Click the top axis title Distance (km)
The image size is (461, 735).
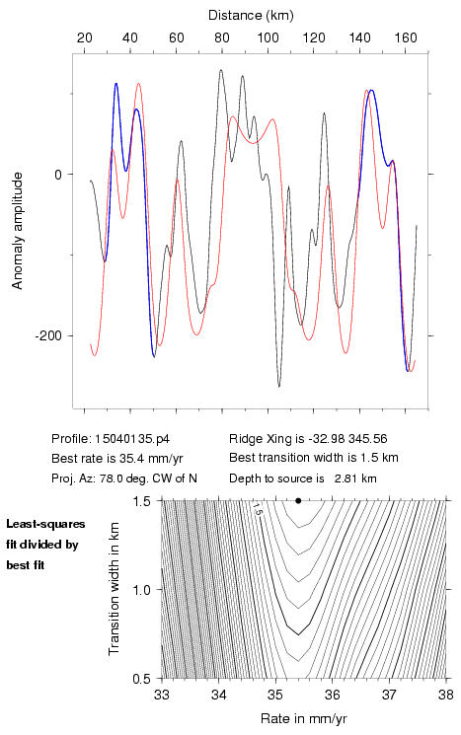(x=251, y=16)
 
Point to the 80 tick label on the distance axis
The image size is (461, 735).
(x=222, y=37)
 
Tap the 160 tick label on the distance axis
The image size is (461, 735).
(x=406, y=37)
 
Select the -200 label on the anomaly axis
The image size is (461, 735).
(x=47, y=336)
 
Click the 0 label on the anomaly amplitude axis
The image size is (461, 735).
(x=57, y=175)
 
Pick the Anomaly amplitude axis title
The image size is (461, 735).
(x=18, y=231)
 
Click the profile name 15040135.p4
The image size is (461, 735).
(x=132, y=439)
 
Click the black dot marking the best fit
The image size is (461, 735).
(x=298, y=500)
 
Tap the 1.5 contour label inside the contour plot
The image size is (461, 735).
(x=257, y=508)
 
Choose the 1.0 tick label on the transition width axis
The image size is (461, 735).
(x=141, y=590)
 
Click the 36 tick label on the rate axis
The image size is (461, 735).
(x=333, y=695)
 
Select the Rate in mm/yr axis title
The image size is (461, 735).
(x=304, y=718)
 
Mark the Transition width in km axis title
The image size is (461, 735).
(x=114, y=589)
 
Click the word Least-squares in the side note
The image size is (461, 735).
(x=45, y=524)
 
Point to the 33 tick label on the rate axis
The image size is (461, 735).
(x=162, y=695)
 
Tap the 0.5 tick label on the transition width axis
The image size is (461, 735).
(x=141, y=679)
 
